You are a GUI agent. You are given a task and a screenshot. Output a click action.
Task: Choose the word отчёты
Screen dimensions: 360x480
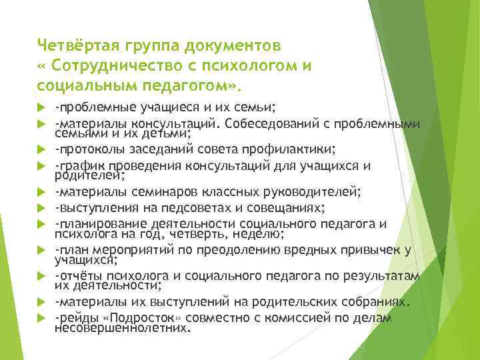point(79,275)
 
